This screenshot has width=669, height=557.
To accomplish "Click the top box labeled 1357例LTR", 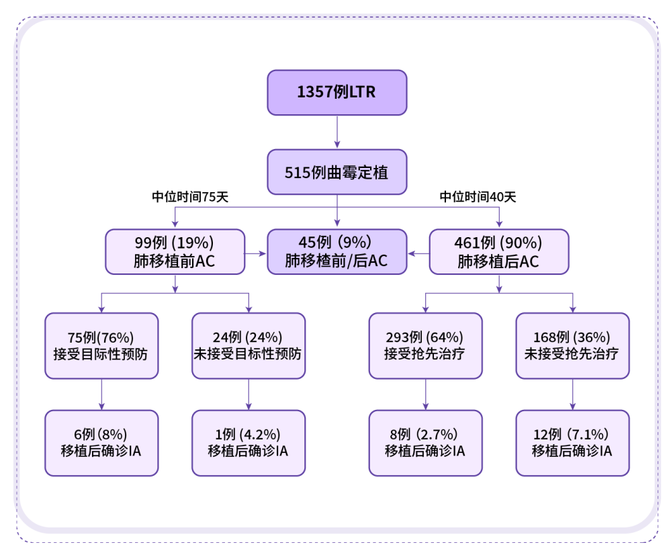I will [x=337, y=92].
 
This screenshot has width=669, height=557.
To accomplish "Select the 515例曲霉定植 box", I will [x=337, y=172].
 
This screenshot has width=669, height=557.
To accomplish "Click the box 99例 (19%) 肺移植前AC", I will [x=175, y=252].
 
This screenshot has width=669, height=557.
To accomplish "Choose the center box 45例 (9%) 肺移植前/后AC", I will [x=337, y=252].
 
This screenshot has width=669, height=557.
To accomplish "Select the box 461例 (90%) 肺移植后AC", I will [x=498, y=252].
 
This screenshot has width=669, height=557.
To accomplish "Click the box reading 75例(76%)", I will [x=101, y=345].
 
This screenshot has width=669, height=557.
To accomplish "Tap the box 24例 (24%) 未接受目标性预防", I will [x=249, y=345].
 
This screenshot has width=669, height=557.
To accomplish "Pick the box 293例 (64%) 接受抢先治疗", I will [x=425, y=345].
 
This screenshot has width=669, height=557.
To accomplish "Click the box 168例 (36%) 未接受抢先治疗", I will [x=572, y=345].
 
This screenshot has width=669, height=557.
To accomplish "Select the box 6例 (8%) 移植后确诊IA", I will [x=101, y=443].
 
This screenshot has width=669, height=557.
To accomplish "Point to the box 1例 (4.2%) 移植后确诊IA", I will [x=249, y=443].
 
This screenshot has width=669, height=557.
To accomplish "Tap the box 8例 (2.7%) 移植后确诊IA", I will [x=425, y=443].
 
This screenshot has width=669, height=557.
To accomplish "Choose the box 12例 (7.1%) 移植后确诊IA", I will [x=572, y=443].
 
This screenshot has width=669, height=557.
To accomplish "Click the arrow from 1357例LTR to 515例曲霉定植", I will [x=337, y=132].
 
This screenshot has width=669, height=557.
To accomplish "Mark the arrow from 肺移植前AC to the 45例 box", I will [x=255, y=253].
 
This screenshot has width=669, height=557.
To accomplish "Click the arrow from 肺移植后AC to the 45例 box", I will [x=418, y=253].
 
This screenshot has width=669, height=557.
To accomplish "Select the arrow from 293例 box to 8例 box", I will [x=425, y=394].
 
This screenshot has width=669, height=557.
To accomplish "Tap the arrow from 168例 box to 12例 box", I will [x=572, y=394].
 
